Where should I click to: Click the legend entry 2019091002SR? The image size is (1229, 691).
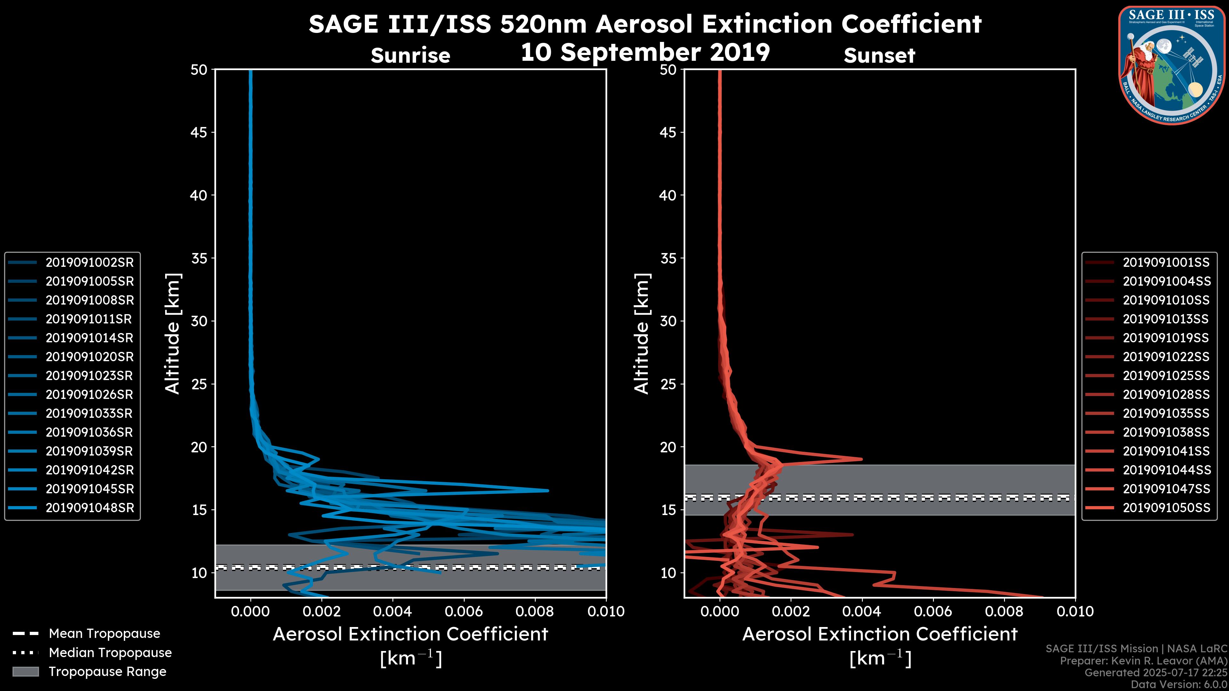tap(89, 262)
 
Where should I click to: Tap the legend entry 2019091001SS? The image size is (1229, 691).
tap(1166, 262)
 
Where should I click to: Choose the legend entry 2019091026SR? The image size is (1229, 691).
tap(89, 394)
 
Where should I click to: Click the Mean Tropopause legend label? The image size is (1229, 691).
tap(104, 633)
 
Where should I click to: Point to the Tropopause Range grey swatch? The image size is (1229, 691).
tap(25, 671)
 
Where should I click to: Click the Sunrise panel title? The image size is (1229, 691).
tap(410, 56)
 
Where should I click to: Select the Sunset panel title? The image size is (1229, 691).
tap(879, 56)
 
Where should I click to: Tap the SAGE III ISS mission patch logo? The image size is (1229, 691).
tap(1172, 64)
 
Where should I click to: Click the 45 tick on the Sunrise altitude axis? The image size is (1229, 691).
tap(199, 132)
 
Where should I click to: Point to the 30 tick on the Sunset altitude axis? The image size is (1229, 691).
tap(668, 321)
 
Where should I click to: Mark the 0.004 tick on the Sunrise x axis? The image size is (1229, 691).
tap(392, 611)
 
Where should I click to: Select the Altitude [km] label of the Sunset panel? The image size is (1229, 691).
tap(642, 334)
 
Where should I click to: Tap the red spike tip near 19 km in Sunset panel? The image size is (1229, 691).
tap(861, 459)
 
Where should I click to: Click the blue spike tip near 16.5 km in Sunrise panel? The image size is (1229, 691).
tap(547, 490)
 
